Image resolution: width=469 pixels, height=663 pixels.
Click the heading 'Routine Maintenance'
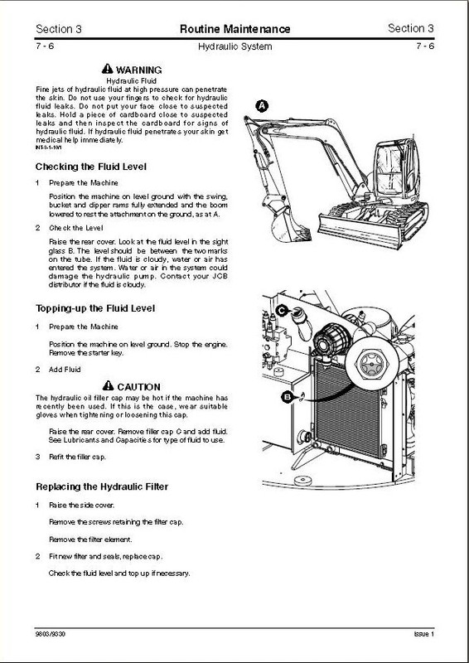point(235,29)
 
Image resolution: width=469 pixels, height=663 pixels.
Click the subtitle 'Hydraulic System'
point(235,46)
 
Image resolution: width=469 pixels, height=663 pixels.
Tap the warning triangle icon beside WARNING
point(108,69)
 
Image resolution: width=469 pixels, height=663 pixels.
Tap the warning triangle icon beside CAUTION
point(109,385)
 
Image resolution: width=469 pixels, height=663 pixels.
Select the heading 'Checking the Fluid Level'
point(91,167)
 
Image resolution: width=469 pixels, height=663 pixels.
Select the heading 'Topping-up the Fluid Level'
point(95,308)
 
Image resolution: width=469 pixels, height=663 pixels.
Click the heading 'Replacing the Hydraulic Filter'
point(102,486)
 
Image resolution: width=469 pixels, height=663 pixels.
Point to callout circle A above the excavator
point(262,106)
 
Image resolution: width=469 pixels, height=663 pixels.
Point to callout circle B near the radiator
point(288,397)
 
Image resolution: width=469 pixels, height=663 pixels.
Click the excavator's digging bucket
point(288,225)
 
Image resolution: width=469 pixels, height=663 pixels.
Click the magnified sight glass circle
point(371,364)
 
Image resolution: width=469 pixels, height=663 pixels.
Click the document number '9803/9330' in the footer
point(51,634)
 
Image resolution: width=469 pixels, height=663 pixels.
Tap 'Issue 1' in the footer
point(423,634)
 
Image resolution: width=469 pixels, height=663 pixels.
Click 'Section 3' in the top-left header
point(59,29)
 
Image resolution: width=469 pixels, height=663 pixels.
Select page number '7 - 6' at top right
point(425,46)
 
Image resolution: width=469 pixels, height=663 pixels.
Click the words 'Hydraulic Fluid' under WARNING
point(132,80)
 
